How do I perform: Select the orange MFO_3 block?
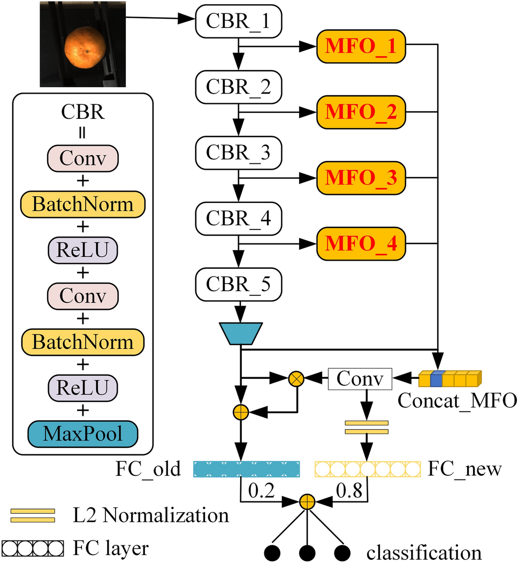[x=362, y=178]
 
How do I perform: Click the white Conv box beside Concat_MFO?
[x=360, y=379]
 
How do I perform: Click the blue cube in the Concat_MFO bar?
[x=437, y=378]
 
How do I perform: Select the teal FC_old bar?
[x=246, y=469]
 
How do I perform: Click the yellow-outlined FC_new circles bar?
[x=368, y=469]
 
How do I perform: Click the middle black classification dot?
[x=306, y=551]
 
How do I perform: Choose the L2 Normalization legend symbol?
[x=33, y=515]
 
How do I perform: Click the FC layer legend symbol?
[x=33, y=548]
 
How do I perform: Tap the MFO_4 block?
[x=362, y=244]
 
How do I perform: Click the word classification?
[x=425, y=551]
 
